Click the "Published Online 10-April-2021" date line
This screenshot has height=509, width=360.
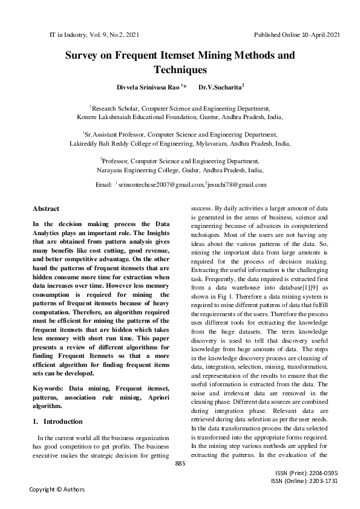297,35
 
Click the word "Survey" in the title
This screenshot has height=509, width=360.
85,56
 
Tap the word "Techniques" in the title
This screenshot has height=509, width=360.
180,70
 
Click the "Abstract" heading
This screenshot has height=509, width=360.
46,209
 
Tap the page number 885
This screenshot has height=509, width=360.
180,463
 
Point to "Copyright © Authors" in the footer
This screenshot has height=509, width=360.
57,489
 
